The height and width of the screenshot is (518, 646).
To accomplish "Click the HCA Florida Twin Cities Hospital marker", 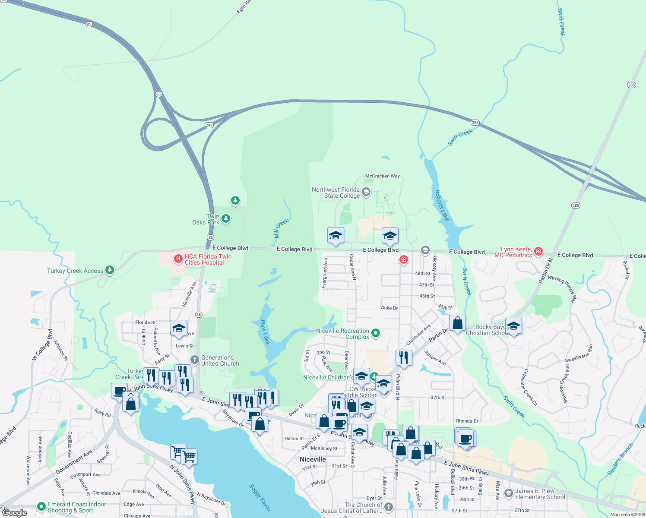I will (177, 259).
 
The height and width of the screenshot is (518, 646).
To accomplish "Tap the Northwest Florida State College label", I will (336, 193).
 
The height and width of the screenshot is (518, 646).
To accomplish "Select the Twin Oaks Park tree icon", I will (225, 219).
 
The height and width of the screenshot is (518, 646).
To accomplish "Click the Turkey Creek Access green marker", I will (110, 270).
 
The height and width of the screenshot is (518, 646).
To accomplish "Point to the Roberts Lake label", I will (442, 205).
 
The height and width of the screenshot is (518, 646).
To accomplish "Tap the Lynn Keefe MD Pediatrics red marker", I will (538, 251).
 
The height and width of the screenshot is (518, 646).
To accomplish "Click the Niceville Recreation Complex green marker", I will (376, 333).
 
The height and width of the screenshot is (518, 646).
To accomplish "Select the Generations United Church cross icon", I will (195, 360).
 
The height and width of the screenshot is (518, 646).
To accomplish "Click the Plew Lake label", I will (265, 332).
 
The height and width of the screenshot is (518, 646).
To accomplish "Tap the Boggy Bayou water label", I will (260, 497).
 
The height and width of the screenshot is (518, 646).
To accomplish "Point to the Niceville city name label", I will (313, 459).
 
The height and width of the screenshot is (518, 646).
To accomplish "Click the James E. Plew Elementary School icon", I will (509, 493).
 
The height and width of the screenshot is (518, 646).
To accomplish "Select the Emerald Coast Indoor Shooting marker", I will (41, 506).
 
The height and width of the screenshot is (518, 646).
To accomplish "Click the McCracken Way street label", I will (382, 176).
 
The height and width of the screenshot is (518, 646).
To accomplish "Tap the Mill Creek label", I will (281, 228).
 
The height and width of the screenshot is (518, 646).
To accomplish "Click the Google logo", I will (15, 513).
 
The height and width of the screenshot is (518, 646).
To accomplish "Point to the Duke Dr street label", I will (389, 308).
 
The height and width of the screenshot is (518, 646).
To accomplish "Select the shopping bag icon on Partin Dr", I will (457, 323).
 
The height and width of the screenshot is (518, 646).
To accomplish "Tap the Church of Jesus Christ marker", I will (389, 507).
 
